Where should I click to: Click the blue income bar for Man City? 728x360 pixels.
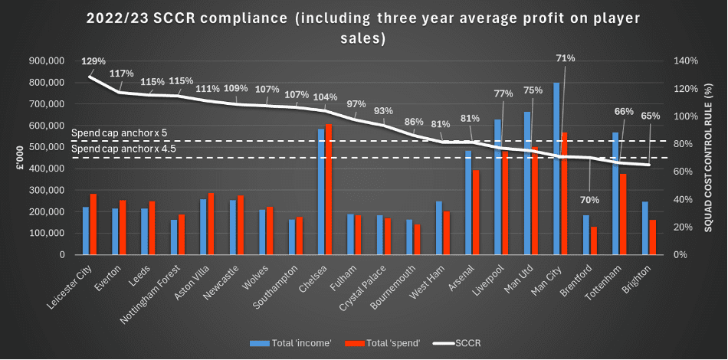[x=556, y=169]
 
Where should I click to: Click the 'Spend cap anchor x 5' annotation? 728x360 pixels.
[x=118, y=133]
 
